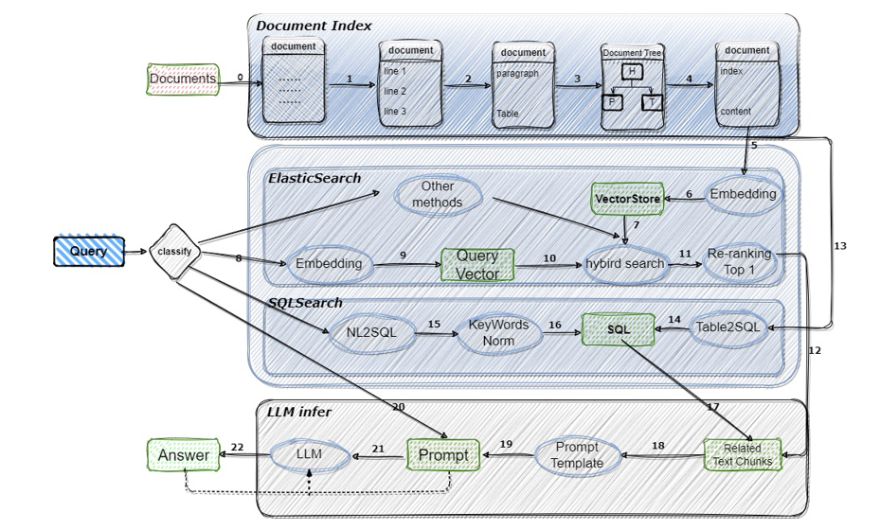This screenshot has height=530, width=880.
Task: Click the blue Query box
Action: (x=88, y=252)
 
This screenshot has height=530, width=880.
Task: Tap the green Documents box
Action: (x=183, y=79)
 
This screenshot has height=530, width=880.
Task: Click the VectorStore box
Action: (x=624, y=199)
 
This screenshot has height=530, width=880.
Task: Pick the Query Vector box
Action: (x=477, y=265)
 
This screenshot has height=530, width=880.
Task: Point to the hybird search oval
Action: (x=625, y=264)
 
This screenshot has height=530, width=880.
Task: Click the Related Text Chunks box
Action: (x=743, y=455)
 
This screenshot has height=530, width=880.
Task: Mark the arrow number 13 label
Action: (x=839, y=246)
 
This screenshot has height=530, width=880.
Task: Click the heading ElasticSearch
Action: (x=314, y=177)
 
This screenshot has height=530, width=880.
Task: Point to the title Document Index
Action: (x=314, y=26)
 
